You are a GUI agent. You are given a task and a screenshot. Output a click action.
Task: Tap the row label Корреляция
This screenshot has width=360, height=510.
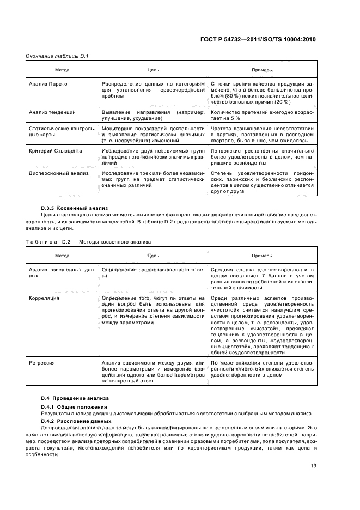pyautogui.click(x=44, y=298)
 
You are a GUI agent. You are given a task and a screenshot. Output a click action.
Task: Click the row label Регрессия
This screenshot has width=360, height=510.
pyautogui.click(x=43, y=362)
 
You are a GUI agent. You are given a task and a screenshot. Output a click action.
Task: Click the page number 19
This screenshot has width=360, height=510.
pyautogui.click(x=313, y=465)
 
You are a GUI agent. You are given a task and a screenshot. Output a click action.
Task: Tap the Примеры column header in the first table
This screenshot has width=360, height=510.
pyautogui.click(x=261, y=70)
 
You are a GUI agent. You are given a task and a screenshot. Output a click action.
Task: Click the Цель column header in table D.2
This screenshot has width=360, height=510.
pyautogui.click(x=153, y=256)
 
